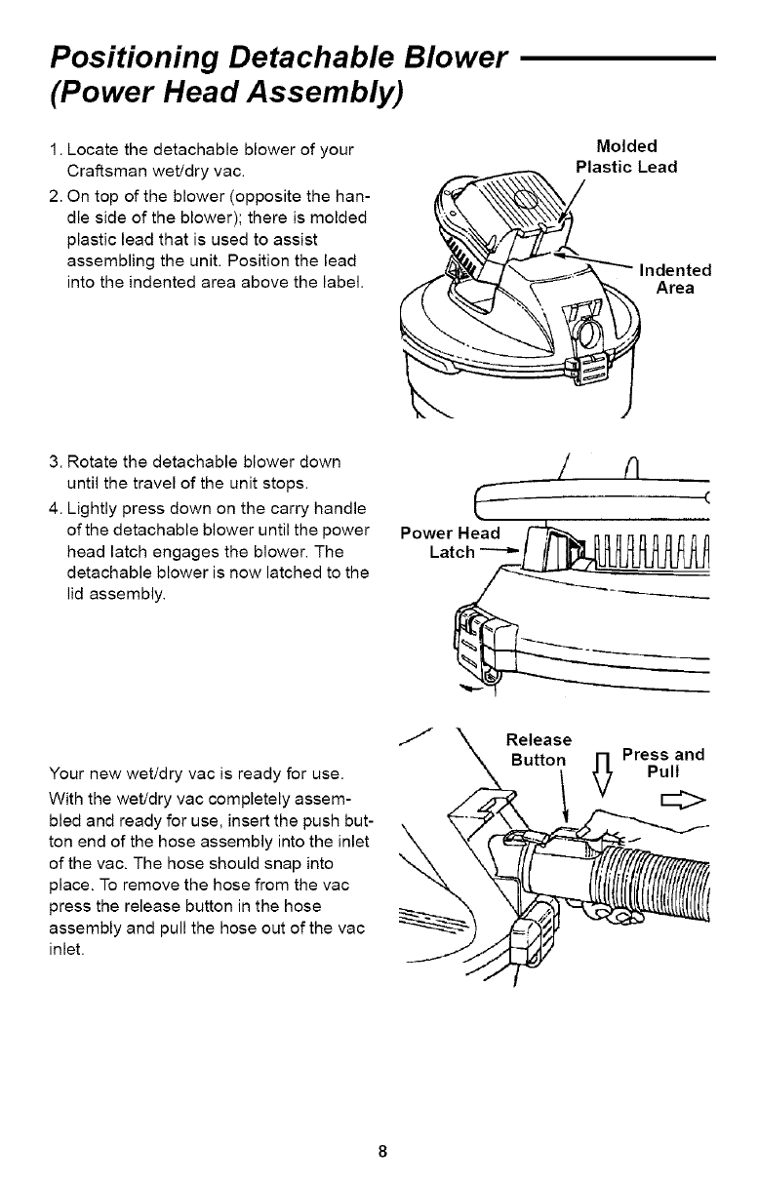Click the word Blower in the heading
(x=454, y=58)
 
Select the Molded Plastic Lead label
(x=626, y=156)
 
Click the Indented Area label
(x=675, y=279)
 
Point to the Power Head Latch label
(x=450, y=542)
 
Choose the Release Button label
(x=539, y=750)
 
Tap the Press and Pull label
(x=663, y=763)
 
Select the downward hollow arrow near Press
(x=603, y=776)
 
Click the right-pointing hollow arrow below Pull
(x=684, y=801)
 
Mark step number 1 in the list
(x=56, y=150)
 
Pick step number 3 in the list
(x=56, y=462)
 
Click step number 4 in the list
(x=56, y=509)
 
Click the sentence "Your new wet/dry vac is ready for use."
(x=197, y=774)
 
